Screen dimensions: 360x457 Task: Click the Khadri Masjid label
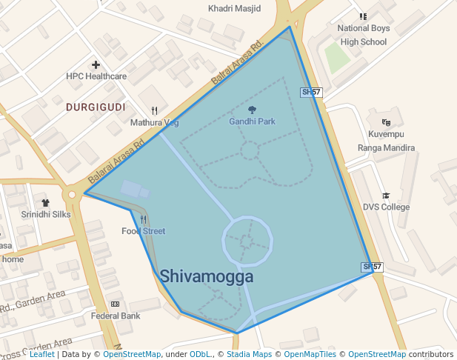point(234,9)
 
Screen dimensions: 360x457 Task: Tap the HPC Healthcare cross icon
point(96,64)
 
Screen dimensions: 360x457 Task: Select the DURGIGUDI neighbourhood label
point(95,107)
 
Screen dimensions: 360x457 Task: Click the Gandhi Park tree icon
point(252,110)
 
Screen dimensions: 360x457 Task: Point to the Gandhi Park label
point(252,121)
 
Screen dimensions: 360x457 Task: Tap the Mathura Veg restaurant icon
point(154,111)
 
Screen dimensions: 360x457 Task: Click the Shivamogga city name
point(207,277)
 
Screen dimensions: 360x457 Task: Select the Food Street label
point(144,231)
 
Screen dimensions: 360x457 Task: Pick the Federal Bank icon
point(115,304)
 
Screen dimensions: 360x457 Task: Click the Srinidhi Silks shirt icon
point(45,202)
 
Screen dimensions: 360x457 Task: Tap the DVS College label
point(386,207)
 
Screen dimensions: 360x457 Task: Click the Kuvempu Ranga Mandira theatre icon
point(385,122)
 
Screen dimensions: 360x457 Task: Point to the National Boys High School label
point(363,35)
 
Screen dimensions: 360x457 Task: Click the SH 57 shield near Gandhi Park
point(311,93)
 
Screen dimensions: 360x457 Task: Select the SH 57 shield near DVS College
point(372,267)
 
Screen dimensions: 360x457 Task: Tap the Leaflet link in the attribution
point(41,355)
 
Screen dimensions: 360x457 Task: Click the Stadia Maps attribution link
point(249,355)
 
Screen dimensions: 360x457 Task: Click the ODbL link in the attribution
point(200,355)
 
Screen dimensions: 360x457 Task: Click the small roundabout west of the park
point(72,195)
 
